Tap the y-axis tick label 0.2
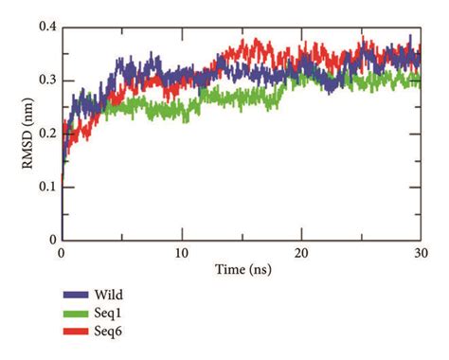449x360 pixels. [x=45, y=134]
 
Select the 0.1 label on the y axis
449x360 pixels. [x=45, y=188]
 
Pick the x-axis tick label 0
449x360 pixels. [x=62, y=255]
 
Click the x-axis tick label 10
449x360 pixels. [x=181, y=255]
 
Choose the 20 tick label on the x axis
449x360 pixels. [x=301, y=255]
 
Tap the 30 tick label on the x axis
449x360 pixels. [x=421, y=255]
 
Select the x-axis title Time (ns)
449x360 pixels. [x=241, y=271]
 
